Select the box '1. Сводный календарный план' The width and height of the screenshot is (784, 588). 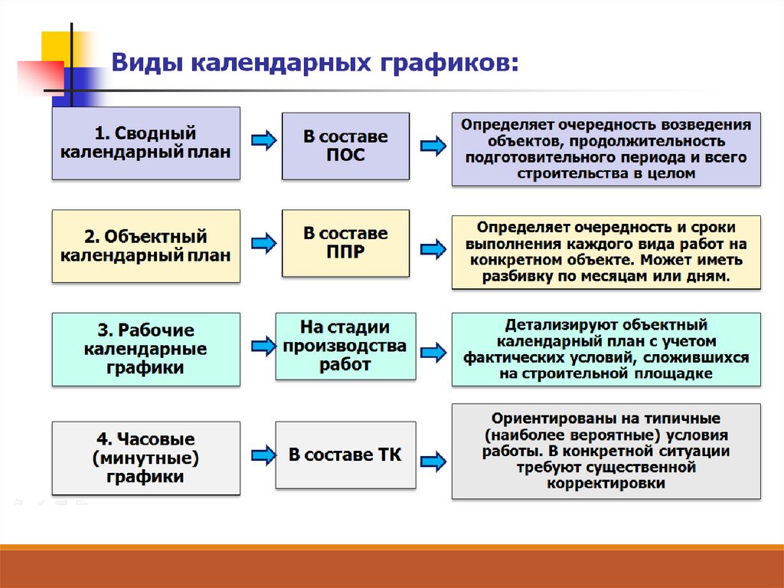pos(145,143)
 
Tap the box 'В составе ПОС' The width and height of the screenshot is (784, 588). pos(345,146)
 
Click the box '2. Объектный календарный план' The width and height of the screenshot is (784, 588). pos(145,246)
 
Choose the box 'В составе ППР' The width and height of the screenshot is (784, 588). pos(345,242)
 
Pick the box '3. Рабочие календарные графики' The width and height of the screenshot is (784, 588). pos(145,349)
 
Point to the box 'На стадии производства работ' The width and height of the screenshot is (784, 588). pos(345,346)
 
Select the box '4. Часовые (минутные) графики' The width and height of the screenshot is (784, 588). pos(145,458)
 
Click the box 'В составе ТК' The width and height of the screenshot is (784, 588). pos(345,455)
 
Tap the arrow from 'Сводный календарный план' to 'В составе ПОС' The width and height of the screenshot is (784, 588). pos(263,140)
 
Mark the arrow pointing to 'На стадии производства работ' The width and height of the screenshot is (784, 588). pos(263,346)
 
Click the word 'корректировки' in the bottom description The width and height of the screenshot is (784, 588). pos(606,484)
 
